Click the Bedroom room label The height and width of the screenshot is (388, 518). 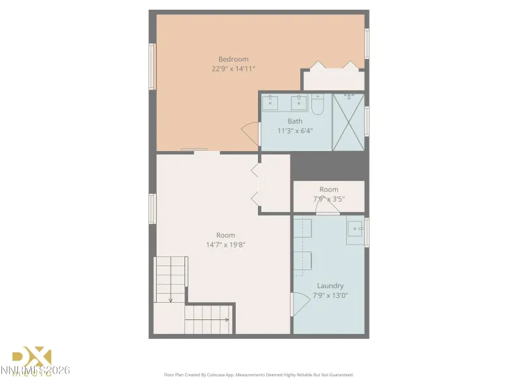(x=233, y=59)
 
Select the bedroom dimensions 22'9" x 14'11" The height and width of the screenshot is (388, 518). (x=234, y=69)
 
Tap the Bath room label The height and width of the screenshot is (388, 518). (x=295, y=121)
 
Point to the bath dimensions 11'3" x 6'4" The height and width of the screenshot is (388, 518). (x=295, y=130)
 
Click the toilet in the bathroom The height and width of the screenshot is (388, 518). (x=318, y=105)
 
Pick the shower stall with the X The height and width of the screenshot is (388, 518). (x=348, y=121)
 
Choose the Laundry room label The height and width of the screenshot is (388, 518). (x=330, y=285)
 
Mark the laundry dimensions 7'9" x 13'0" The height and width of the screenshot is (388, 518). (x=330, y=295)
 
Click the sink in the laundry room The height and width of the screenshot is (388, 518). (x=356, y=228)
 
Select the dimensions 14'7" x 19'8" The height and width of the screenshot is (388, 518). (x=225, y=245)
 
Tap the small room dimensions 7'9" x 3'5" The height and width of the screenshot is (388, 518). (x=329, y=199)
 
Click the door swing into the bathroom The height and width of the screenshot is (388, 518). (x=248, y=132)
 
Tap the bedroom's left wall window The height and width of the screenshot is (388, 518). (x=152, y=67)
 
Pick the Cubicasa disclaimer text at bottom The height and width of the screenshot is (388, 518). (x=259, y=374)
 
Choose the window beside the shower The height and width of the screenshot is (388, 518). (x=367, y=121)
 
